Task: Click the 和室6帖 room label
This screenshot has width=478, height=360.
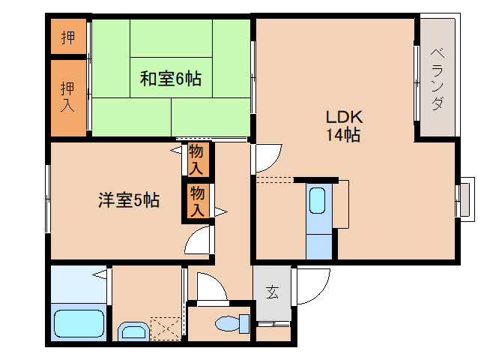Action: pos(171,78)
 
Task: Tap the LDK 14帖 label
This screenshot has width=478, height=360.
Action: pos(343,126)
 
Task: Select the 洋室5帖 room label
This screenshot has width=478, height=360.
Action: pos(128,200)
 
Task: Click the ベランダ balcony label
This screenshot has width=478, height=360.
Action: pos(437,79)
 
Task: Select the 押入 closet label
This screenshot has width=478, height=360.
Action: pos(68,97)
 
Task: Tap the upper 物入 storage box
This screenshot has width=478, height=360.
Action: pos(197,159)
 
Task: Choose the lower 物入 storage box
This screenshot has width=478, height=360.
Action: pos(197,202)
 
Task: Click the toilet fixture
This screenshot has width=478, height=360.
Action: pos(232,323)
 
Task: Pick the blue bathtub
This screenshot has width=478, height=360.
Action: pos(79,323)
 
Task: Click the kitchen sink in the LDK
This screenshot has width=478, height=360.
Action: pos(317,201)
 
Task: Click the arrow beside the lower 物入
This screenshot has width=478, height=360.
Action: pos(220,211)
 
